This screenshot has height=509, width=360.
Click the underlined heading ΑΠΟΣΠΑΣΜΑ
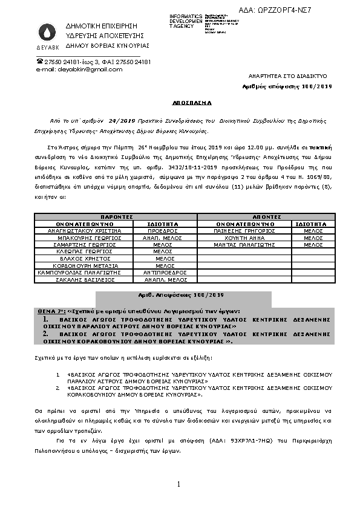[180, 103]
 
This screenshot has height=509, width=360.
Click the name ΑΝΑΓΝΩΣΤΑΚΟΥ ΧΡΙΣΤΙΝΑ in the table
[81, 230]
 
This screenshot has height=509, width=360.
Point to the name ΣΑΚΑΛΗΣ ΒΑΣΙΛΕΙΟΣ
[81, 280]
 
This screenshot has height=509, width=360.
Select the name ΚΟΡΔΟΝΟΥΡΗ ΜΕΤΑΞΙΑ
[81, 265]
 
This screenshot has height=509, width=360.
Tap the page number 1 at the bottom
[180, 484]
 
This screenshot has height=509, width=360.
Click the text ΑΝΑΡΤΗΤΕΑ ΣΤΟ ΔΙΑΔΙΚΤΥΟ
[288, 77]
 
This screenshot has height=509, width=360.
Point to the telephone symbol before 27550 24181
[40, 62]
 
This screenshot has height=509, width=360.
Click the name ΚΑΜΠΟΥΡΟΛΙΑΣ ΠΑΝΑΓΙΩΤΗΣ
[81, 273]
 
